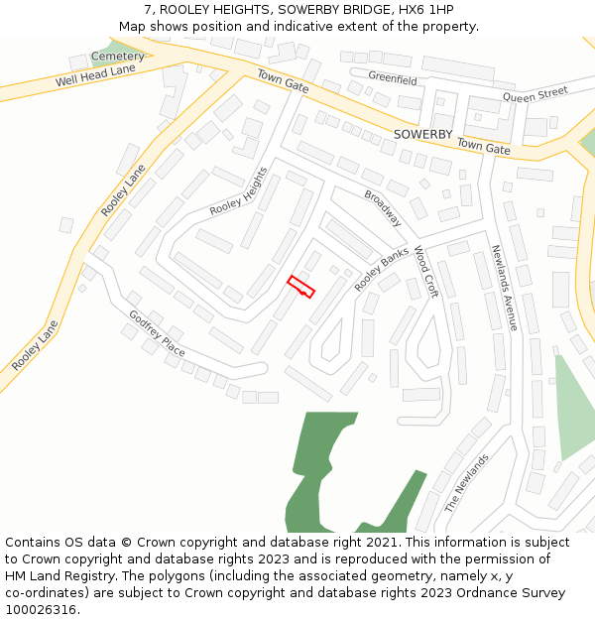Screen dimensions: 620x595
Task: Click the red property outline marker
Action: coord(300,287)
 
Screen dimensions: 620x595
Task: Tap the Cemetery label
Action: coord(117,57)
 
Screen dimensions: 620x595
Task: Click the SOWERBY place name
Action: coord(422,134)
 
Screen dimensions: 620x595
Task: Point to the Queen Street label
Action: coord(535,95)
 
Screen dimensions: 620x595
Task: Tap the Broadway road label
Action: coord(383,208)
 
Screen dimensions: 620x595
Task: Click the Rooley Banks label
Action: coord(382,268)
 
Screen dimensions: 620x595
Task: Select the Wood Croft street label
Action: coord(424,272)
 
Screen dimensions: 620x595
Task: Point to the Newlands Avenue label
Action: coord(504,288)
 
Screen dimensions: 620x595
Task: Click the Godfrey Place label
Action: coord(157,333)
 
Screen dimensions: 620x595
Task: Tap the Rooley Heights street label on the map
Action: coord(238,192)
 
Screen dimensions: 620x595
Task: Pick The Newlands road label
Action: coord(466,483)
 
